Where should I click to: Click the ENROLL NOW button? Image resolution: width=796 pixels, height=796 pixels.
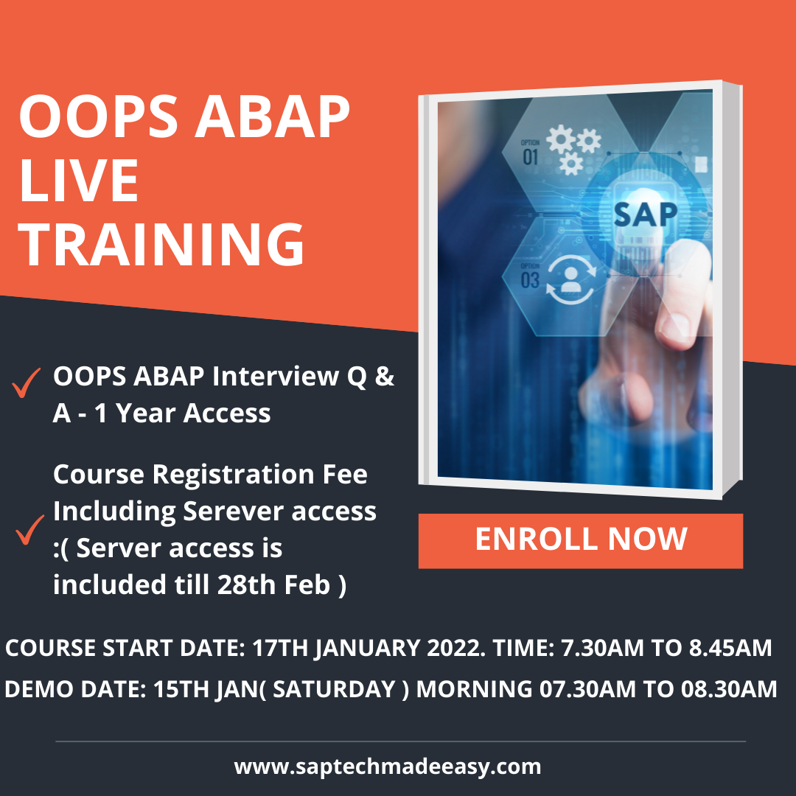click(x=581, y=540)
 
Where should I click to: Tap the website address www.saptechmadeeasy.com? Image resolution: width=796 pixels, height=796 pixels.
click(x=388, y=766)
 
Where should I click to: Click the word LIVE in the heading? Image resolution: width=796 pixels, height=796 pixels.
click(x=80, y=181)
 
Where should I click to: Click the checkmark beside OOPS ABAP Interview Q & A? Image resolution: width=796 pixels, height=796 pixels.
click(x=27, y=385)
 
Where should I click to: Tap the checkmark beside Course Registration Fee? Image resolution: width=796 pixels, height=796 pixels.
click(x=29, y=530)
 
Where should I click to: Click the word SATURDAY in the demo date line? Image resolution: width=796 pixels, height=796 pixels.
click(x=348, y=688)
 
